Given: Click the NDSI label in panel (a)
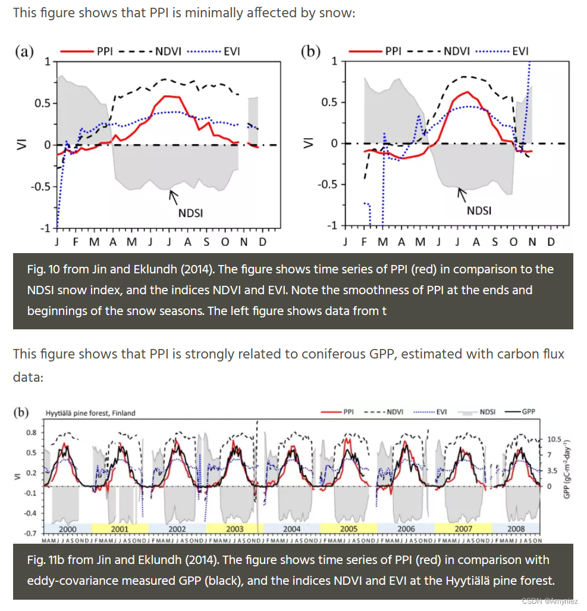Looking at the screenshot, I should tap(190, 212).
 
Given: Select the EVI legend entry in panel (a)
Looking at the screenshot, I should tap(231, 51).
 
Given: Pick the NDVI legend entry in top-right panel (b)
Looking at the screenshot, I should tap(453, 51).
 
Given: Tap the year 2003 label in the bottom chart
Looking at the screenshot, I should tap(234, 529).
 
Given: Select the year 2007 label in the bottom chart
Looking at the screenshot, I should tap(463, 529).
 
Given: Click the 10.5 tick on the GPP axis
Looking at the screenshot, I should tap(554, 439).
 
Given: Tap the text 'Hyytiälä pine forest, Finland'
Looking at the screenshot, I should tap(90, 413).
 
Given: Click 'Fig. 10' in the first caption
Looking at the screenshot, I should tap(45, 269).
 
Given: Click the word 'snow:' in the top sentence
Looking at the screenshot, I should tap(340, 12).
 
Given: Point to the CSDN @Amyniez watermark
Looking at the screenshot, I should tap(550, 601).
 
